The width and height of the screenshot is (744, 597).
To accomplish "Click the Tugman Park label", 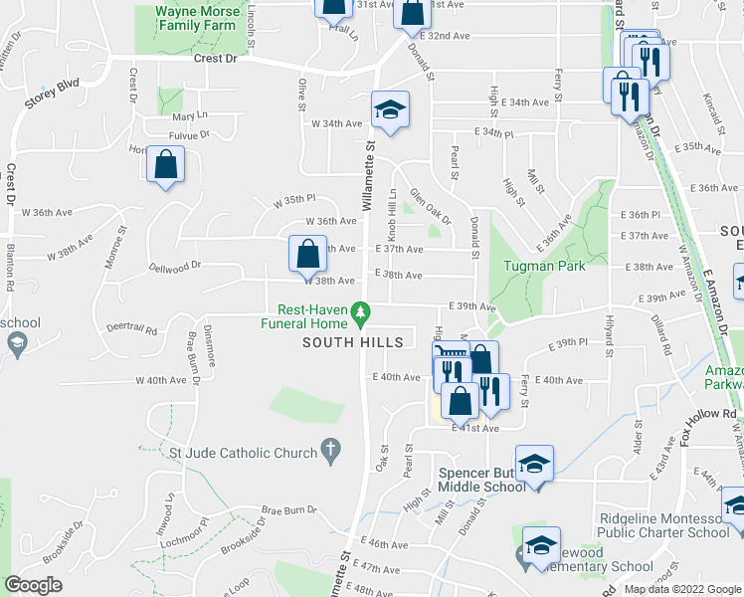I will [x=544, y=266].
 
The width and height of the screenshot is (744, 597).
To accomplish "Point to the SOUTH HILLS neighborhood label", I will [x=353, y=342].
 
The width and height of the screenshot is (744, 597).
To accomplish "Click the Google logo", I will [x=34, y=585].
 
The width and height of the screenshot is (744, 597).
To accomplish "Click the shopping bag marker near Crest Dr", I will [x=166, y=167].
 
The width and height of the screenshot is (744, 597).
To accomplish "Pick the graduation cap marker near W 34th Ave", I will [x=391, y=110].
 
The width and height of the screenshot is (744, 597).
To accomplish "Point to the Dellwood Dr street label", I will [x=175, y=266].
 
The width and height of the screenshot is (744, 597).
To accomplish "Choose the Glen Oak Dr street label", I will [x=432, y=208].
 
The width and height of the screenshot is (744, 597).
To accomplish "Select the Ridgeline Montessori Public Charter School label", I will [x=663, y=525].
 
